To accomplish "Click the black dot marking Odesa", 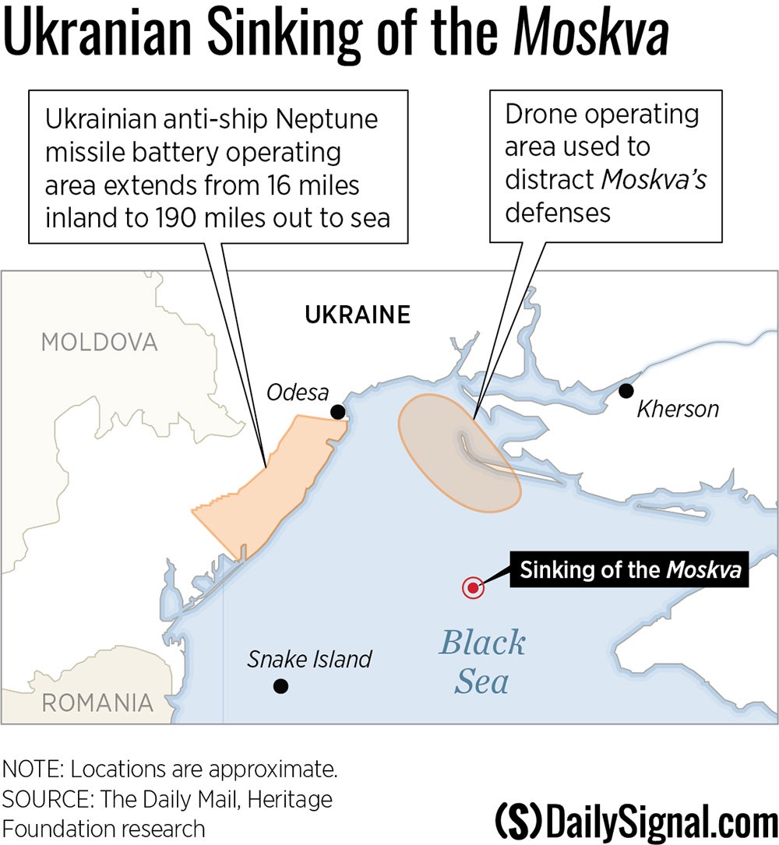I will tap(337, 411).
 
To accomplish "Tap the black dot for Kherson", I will tap(625, 390).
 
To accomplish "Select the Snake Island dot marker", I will tap(280, 686).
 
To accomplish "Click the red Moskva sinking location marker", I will tap(472, 587).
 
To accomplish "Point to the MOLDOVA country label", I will tap(99, 342).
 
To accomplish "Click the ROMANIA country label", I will tap(97, 702).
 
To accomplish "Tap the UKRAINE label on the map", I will tap(358, 315).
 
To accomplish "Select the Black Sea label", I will tap(482, 662).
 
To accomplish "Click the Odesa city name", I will tap(298, 392).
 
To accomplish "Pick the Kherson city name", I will tap(678, 409).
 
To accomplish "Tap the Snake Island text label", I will tap(309, 660).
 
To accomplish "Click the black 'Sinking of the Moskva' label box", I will tap(629, 570).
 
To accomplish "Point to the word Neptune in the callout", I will tap(325, 120).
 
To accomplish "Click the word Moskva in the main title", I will tap(592, 35).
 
